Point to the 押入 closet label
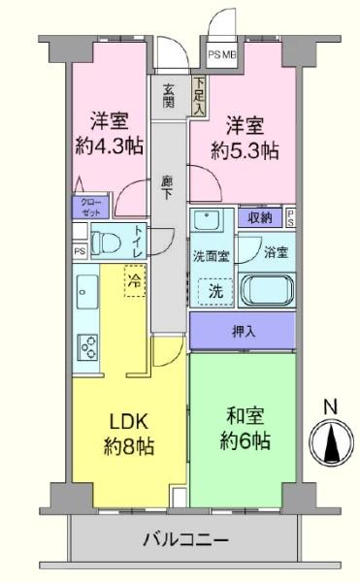click(x=243, y=331)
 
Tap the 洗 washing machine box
click(x=210, y=290)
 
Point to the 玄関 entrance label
click(x=169, y=97)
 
